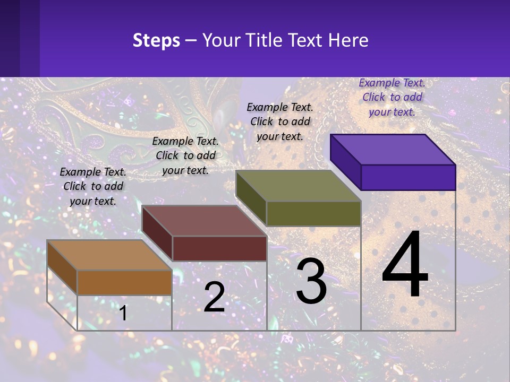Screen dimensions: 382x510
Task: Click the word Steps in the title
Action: click(x=156, y=40)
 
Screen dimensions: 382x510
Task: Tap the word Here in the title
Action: click(x=348, y=40)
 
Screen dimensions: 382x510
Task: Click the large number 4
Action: click(x=405, y=265)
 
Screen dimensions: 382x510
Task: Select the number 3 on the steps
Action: click(x=311, y=281)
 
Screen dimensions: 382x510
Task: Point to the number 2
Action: click(x=215, y=297)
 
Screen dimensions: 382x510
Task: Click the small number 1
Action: click(x=123, y=313)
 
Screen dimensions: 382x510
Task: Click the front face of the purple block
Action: click(x=408, y=177)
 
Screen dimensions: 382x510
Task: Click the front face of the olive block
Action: click(x=313, y=213)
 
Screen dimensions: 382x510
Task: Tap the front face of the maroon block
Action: click(x=219, y=248)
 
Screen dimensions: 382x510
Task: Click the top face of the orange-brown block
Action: click(x=109, y=255)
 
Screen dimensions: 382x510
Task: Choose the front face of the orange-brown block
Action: click(x=124, y=282)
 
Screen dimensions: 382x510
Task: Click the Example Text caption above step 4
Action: click(x=392, y=97)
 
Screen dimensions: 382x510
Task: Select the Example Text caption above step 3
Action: click(x=280, y=121)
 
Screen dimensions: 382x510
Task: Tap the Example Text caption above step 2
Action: click(x=185, y=155)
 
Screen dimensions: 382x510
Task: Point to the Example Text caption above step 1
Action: click(x=93, y=186)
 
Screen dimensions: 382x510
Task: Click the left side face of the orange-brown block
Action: click(x=62, y=267)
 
